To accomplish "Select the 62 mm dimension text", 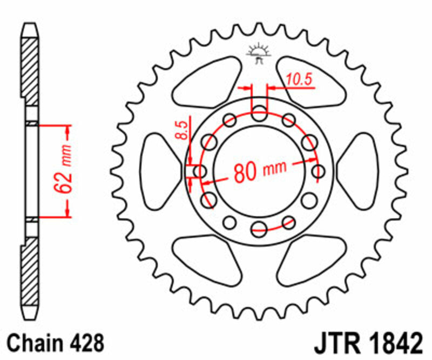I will click(63, 169).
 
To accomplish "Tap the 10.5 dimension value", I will click(299, 79).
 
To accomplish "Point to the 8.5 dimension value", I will click(183, 131).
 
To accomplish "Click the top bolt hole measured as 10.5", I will click(260, 114).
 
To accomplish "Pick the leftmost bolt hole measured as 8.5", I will click(200, 172).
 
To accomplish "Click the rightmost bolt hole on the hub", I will click(319, 171).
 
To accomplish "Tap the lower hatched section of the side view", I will click(31, 276).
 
